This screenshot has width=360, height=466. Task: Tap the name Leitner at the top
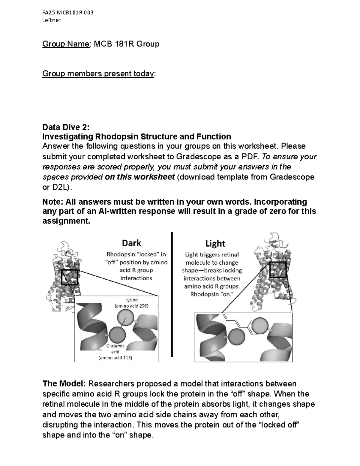52,20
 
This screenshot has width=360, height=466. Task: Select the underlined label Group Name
66,44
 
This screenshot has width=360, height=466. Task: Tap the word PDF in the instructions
250,157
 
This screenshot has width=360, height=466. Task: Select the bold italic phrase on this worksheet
139,177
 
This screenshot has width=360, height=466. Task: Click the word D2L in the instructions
59,187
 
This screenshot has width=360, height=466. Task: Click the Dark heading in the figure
131,243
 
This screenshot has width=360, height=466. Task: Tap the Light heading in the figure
215,243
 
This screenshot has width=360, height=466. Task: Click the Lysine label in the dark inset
131,300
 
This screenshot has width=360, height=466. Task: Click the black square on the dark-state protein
70,277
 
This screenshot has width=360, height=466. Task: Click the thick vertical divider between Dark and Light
172,294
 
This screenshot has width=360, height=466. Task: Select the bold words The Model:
64,384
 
